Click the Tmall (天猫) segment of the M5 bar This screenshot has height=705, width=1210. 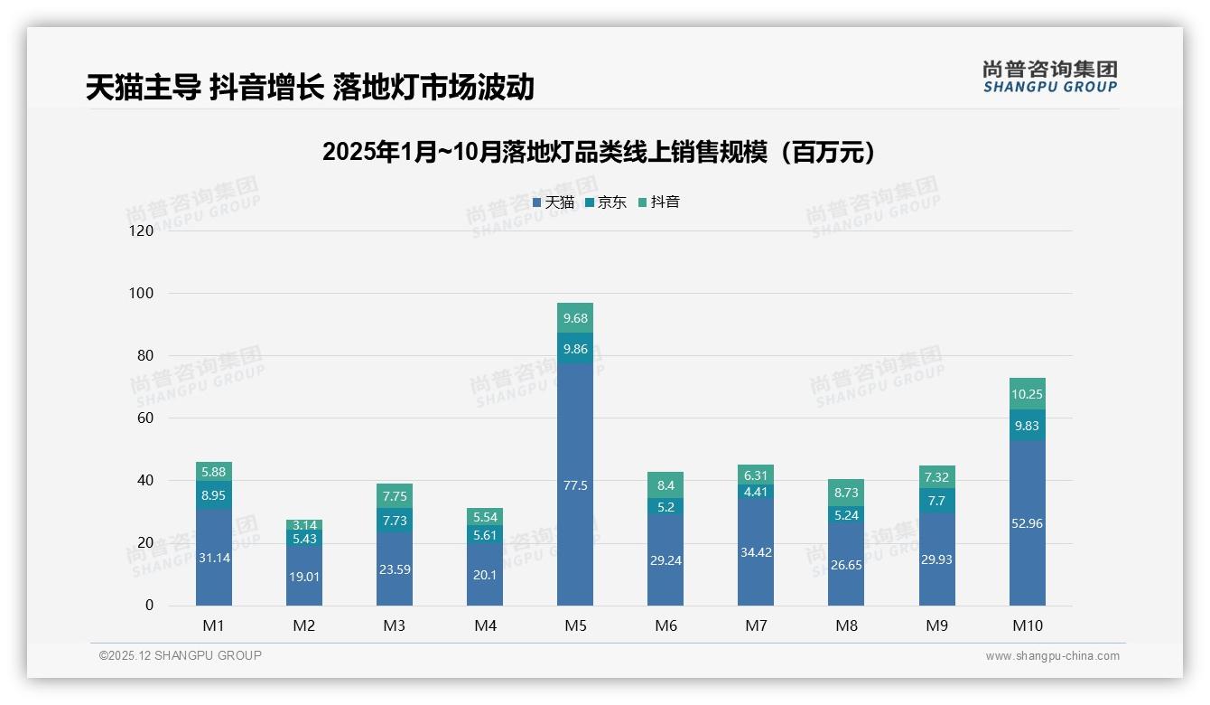pyautogui.click(x=575, y=484)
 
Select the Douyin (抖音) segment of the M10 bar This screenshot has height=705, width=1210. pyautogui.click(x=1027, y=394)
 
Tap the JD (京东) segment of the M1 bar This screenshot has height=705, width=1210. pyautogui.click(x=214, y=495)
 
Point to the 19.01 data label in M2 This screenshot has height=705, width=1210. pyautogui.click(x=304, y=577)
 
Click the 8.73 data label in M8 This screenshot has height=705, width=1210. pyautogui.click(x=846, y=493)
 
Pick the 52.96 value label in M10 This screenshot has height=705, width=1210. pyautogui.click(x=1027, y=523)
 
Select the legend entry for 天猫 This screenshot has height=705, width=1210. pyautogui.click(x=554, y=202)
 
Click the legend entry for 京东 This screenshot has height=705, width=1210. pyautogui.click(x=606, y=202)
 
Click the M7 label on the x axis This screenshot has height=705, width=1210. pyautogui.click(x=756, y=625)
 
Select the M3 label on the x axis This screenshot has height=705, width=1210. pyautogui.click(x=395, y=625)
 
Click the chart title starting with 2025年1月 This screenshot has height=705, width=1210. pyautogui.click(x=600, y=153)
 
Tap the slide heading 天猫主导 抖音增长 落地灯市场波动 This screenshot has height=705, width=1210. pyautogui.click(x=310, y=88)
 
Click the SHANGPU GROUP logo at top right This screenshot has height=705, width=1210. pyautogui.click(x=1049, y=77)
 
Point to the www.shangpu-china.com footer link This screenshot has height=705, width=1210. pyautogui.click(x=1052, y=656)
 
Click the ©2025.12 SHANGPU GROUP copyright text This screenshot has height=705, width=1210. pyautogui.click(x=181, y=656)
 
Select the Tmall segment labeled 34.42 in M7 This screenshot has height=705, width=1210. pyautogui.click(x=756, y=552)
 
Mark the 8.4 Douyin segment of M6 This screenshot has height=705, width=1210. pyautogui.click(x=665, y=485)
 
